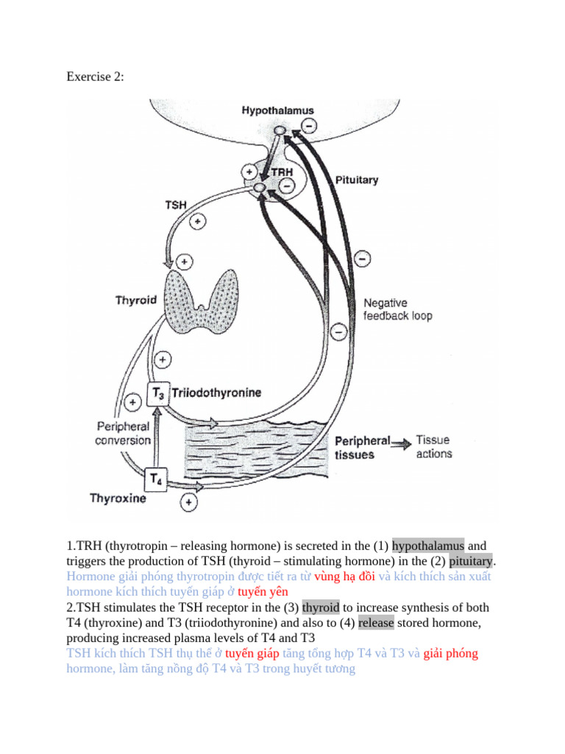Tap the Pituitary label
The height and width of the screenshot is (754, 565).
tap(357, 180)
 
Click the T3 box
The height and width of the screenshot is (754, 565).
tap(159, 395)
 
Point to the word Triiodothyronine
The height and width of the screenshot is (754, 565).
tap(216, 394)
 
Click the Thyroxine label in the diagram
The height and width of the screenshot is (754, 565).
tap(118, 498)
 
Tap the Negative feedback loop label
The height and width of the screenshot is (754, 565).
tap(398, 309)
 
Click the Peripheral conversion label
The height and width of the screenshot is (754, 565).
tap(124, 434)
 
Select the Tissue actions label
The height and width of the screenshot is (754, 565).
tap(434, 446)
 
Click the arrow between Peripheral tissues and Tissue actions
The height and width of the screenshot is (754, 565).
tap(402, 443)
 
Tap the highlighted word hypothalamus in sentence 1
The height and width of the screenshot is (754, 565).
tap(428, 546)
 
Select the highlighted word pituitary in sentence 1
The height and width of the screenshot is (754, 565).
tap(471, 561)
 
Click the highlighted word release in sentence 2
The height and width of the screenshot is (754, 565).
tap(375, 623)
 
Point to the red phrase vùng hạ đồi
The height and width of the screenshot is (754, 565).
tap(344, 577)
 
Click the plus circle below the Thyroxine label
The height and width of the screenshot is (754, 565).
tap(189, 503)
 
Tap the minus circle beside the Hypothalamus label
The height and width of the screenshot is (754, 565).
tap(308, 126)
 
